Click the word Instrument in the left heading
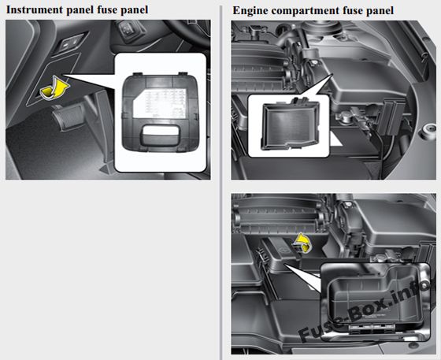pyautogui.click(x=35, y=9)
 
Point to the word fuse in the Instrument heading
pyautogui.click(x=107, y=9)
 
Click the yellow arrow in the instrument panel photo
pyautogui.click(x=54, y=88)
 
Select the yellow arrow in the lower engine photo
pyautogui.click(x=302, y=243)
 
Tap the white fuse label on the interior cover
pyautogui.click(x=159, y=103)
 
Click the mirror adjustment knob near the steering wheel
pyautogui.click(x=128, y=30)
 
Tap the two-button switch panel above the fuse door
pyautogui.click(x=70, y=43)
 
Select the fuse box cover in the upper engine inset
pyautogui.click(x=290, y=124)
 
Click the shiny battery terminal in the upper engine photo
pyautogui.click(x=343, y=116)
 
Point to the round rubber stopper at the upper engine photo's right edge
pyautogui.click(x=428, y=132)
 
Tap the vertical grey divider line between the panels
pyautogui.click(x=220, y=183)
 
